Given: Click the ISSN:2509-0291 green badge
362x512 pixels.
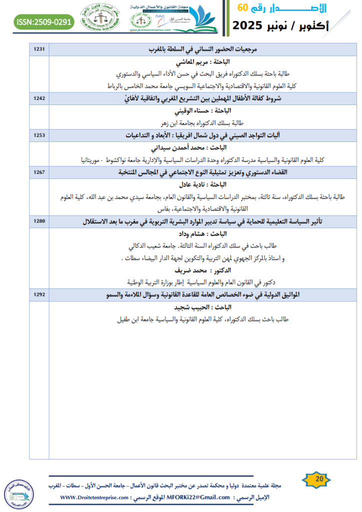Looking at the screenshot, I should (44, 22).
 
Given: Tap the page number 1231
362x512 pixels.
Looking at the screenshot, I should (39, 49).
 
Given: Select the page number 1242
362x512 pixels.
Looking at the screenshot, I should (39, 99).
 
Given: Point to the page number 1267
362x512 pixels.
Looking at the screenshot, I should (39, 172).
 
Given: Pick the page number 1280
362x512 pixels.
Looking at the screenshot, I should (39, 220).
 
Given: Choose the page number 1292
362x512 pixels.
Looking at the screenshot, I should (39, 295).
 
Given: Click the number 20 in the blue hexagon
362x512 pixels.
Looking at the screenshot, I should (318, 479).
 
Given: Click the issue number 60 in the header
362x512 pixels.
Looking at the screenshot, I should (242, 7).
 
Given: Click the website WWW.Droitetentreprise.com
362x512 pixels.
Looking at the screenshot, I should (94, 497).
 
